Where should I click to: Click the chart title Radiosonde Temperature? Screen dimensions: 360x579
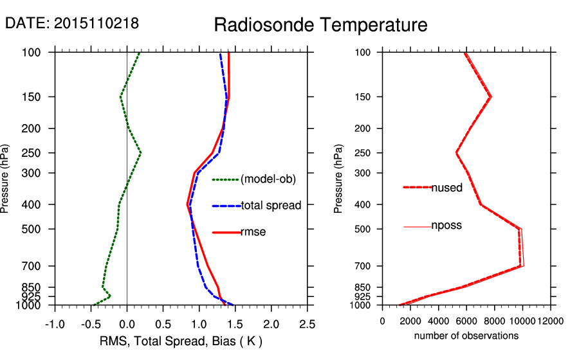(320, 26)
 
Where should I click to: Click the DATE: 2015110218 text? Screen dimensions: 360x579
(72, 24)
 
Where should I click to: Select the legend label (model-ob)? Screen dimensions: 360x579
(268, 179)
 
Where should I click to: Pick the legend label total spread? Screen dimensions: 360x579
(271, 206)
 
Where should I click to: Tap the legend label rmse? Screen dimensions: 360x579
(253, 232)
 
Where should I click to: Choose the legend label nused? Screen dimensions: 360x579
(446, 188)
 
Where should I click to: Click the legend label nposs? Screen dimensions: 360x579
(446, 226)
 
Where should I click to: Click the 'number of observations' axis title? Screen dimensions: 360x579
(466, 336)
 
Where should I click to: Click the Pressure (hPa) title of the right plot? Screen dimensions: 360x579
(338, 179)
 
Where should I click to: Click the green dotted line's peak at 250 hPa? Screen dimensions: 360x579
(140, 153)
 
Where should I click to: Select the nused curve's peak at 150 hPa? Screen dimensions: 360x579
(491, 97)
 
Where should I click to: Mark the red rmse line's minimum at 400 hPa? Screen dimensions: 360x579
(187, 204)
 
